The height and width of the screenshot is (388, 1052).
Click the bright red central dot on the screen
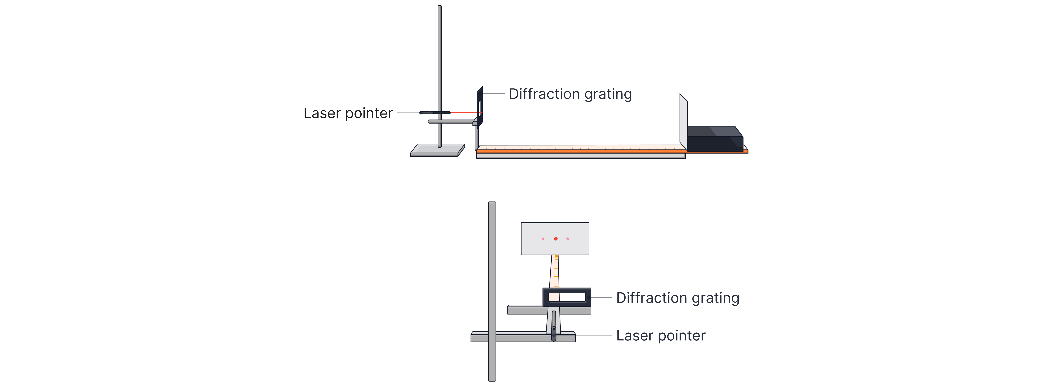(555, 239)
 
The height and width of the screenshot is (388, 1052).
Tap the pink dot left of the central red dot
(543, 239)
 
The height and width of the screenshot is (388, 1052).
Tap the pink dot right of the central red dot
(568, 239)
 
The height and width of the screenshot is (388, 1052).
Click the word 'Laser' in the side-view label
(322, 113)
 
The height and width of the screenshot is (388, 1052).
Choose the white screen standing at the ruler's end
(683, 122)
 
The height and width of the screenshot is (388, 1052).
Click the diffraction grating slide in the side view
(480, 106)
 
